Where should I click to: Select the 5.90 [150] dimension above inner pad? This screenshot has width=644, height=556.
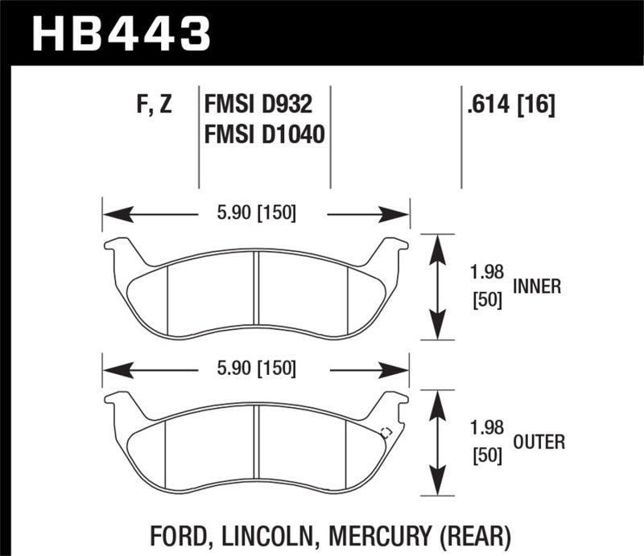click(254, 213)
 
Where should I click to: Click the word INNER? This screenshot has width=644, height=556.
click(535, 286)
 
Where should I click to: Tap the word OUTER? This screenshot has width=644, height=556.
click(538, 441)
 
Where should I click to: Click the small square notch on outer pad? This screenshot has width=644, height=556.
click(385, 432)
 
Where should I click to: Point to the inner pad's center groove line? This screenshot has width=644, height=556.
click(256, 294)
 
